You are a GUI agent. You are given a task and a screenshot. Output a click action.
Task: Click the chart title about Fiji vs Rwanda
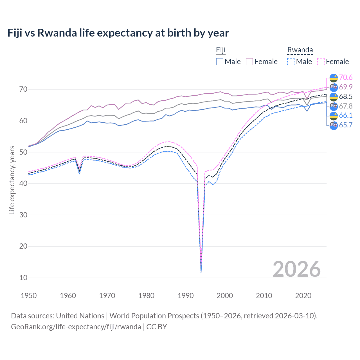[118, 33]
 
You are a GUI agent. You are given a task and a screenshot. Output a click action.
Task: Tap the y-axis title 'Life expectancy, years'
[12, 180]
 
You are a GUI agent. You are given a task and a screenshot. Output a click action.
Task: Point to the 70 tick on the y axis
[23, 89]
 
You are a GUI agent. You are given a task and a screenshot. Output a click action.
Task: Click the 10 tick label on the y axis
[23, 278]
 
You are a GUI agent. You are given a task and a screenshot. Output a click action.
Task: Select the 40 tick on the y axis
[23, 183]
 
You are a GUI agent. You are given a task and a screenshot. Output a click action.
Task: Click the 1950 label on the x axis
[29, 296]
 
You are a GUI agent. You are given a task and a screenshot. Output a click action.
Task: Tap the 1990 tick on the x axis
[186, 296]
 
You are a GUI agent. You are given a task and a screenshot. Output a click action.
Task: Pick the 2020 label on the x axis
[303, 296]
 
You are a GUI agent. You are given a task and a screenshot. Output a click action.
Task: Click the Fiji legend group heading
[221, 50]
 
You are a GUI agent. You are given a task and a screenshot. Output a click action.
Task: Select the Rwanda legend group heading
[300, 50]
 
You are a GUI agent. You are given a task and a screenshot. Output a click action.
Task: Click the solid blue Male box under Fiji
[220, 62]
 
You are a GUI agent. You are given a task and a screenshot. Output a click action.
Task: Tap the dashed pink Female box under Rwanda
[321, 62]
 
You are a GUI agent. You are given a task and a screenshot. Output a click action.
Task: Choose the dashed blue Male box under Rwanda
[291, 62]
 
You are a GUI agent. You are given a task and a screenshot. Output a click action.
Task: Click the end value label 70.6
[346, 77]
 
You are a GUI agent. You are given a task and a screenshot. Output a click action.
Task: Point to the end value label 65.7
[346, 125]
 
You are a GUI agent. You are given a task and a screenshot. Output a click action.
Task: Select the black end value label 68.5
[346, 96]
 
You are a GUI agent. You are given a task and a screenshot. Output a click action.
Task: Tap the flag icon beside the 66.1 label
[334, 116]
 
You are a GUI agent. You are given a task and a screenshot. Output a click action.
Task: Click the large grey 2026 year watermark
[297, 269]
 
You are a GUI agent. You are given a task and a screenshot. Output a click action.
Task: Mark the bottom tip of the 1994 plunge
[201, 273]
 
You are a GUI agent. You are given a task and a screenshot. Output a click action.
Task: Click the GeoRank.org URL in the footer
[76, 327]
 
